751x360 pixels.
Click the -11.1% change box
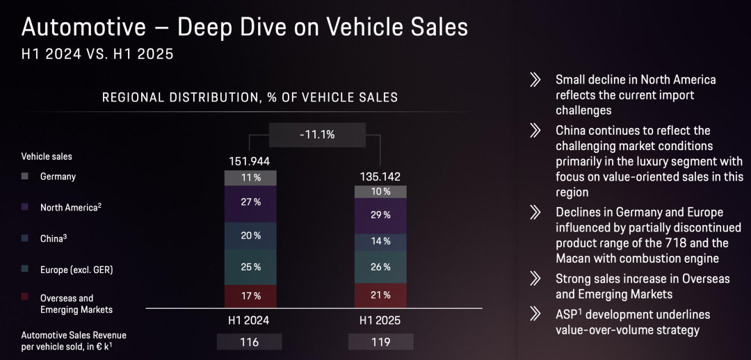click(x=316, y=135)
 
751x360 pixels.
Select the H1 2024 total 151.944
click(x=250, y=161)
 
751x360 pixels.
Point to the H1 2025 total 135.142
click(x=380, y=177)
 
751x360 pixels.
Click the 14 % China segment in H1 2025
click(x=380, y=242)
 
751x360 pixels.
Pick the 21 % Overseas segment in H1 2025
click(x=380, y=295)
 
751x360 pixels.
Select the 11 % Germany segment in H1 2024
click(x=250, y=178)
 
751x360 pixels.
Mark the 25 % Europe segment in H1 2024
click(x=250, y=267)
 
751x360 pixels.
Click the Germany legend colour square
click(x=25, y=177)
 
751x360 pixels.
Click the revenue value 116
click(x=250, y=342)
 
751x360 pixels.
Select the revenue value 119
click(x=380, y=342)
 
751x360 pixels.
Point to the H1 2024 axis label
click(x=249, y=320)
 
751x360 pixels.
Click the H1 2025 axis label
click(x=380, y=320)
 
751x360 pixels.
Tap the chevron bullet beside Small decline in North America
click(x=535, y=79)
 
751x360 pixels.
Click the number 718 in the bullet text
click(x=679, y=243)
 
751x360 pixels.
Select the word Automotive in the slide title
click(x=84, y=28)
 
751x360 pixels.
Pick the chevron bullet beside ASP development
click(x=535, y=315)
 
